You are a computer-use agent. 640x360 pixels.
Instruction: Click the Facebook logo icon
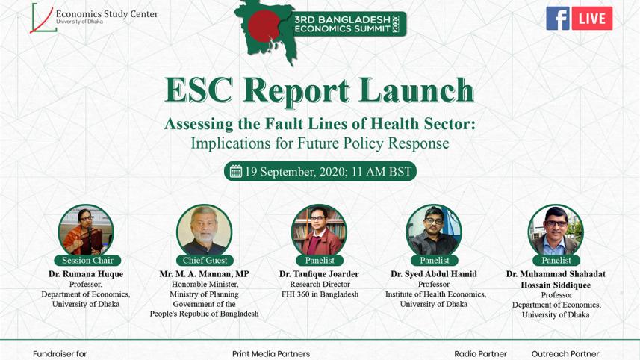point(557,18)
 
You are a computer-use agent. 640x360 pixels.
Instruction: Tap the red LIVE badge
point(592,19)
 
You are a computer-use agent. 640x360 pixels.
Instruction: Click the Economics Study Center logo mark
point(43,18)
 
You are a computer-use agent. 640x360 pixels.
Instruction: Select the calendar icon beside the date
point(236,172)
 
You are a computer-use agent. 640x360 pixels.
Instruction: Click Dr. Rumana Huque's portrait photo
point(86,230)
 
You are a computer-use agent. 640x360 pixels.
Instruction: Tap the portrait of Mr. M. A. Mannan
point(204,230)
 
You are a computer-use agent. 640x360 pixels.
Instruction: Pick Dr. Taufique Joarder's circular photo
point(319,230)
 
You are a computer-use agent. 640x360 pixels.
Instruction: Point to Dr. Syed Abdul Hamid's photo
point(434,230)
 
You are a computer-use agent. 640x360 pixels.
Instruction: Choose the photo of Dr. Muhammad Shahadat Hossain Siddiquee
point(556,230)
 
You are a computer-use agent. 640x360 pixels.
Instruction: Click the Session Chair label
point(87,261)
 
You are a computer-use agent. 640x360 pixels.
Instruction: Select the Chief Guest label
point(205,261)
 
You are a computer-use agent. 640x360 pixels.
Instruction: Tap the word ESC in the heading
point(199,90)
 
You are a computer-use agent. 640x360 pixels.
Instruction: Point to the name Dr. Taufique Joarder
point(319,274)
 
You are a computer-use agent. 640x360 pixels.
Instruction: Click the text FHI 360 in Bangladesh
point(319,294)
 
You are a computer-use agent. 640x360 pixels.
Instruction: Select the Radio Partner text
point(480,354)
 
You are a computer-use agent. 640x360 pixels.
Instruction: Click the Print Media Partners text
point(270,354)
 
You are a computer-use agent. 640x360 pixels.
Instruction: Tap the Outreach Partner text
point(565,354)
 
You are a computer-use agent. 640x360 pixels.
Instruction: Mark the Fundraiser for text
point(60,354)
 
